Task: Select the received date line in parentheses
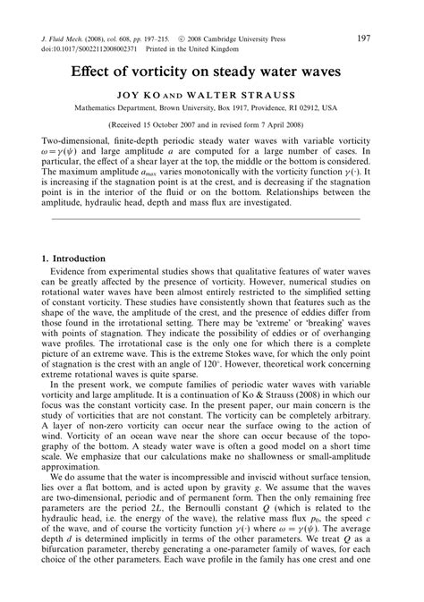(x=211, y=125)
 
